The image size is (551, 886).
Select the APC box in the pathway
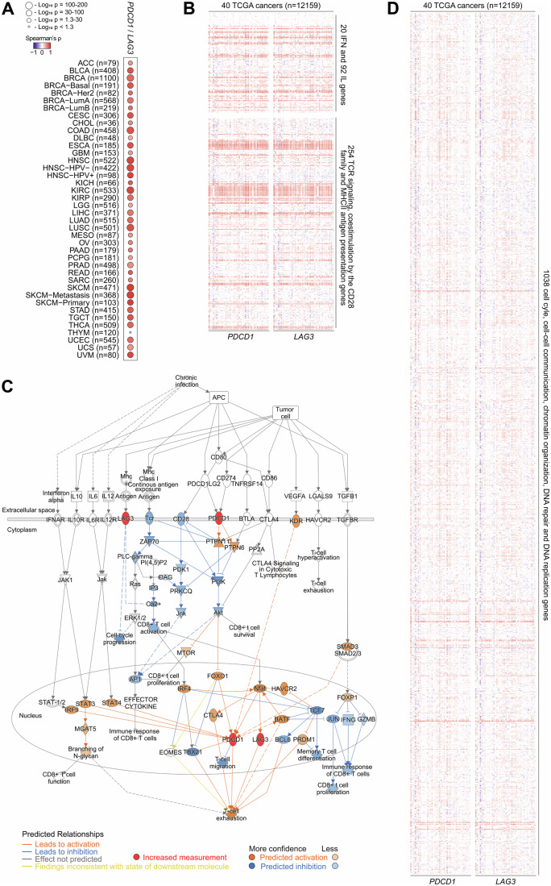218,397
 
